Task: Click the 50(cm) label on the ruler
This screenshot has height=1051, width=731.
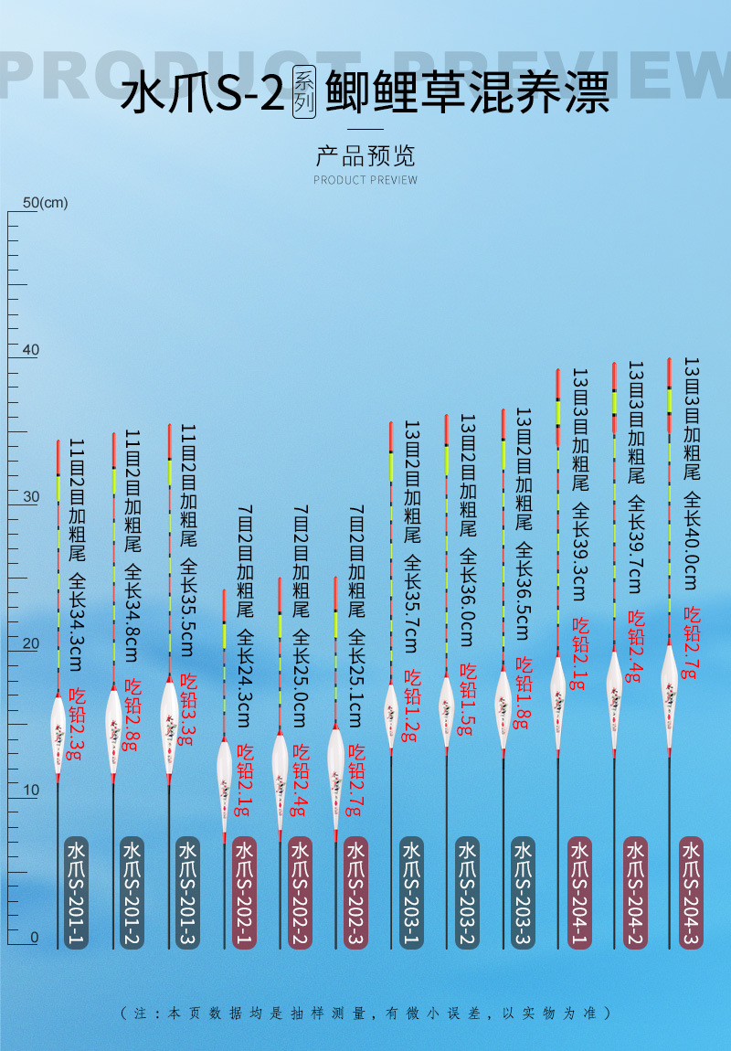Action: coord(46,202)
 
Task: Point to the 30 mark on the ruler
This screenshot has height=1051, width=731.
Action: coord(31,497)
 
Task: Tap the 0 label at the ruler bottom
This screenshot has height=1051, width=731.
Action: coord(35,938)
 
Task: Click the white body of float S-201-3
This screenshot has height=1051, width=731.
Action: coord(169,727)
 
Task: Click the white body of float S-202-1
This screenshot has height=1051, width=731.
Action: coord(225,786)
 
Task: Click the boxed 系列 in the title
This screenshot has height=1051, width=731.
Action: coord(304,92)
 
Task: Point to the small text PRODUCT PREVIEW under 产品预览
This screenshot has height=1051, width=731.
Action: coord(365,180)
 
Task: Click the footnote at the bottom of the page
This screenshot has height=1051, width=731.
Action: coord(365,1014)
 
